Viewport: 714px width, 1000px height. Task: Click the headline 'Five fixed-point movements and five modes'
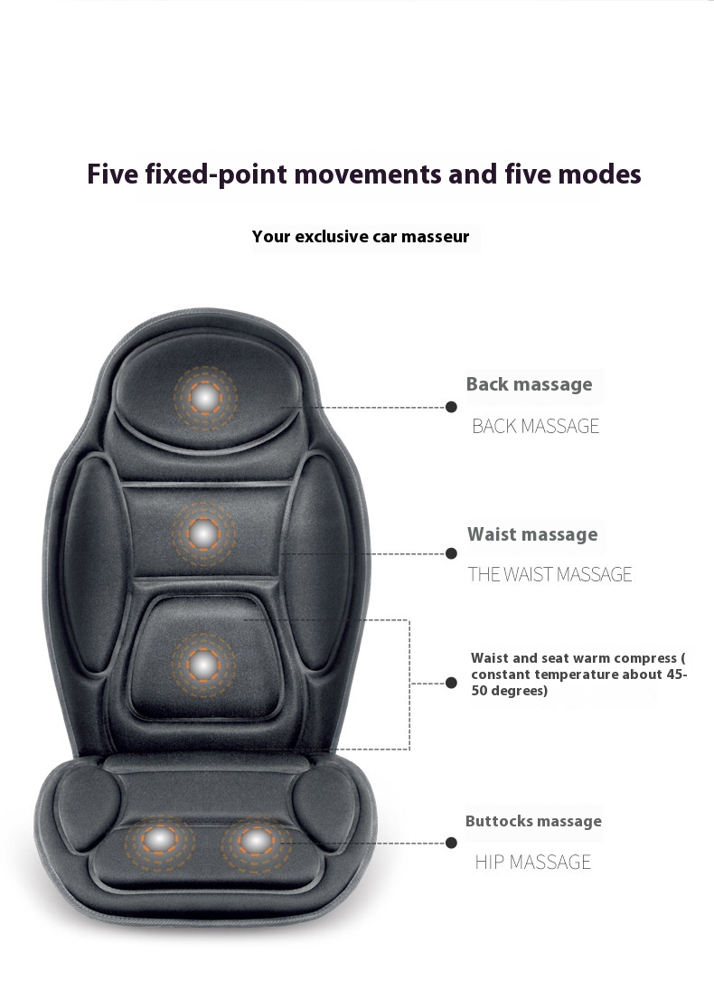(364, 175)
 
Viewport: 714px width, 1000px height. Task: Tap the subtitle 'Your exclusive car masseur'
(361, 237)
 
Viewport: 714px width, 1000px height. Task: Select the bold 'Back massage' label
(529, 384)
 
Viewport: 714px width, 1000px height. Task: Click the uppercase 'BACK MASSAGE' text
(535, 426)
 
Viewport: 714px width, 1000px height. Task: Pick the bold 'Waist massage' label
(532, 534)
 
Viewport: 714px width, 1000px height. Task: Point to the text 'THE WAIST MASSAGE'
(550, 575)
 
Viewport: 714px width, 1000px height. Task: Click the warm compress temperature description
(578, 675)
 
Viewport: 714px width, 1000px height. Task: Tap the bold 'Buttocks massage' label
(533, 821)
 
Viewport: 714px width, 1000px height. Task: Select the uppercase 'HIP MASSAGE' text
(533, 863)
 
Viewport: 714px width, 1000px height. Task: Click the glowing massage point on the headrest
(205, 398)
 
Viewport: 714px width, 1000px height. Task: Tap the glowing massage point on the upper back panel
(203, 533)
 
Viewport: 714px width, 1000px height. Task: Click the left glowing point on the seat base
(159, 840)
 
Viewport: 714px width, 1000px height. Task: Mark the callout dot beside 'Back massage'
(451, 407)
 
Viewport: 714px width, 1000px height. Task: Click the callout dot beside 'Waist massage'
(451, 553)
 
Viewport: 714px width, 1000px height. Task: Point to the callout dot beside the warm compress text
(451, 683)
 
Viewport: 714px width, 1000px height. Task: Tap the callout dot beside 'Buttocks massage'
(451, 843)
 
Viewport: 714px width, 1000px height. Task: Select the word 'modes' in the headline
(600, 175)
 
